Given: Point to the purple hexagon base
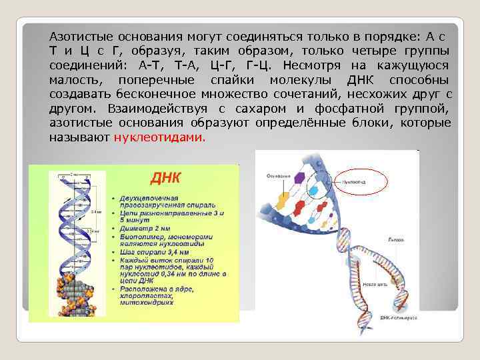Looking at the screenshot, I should (x=301, y=178).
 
